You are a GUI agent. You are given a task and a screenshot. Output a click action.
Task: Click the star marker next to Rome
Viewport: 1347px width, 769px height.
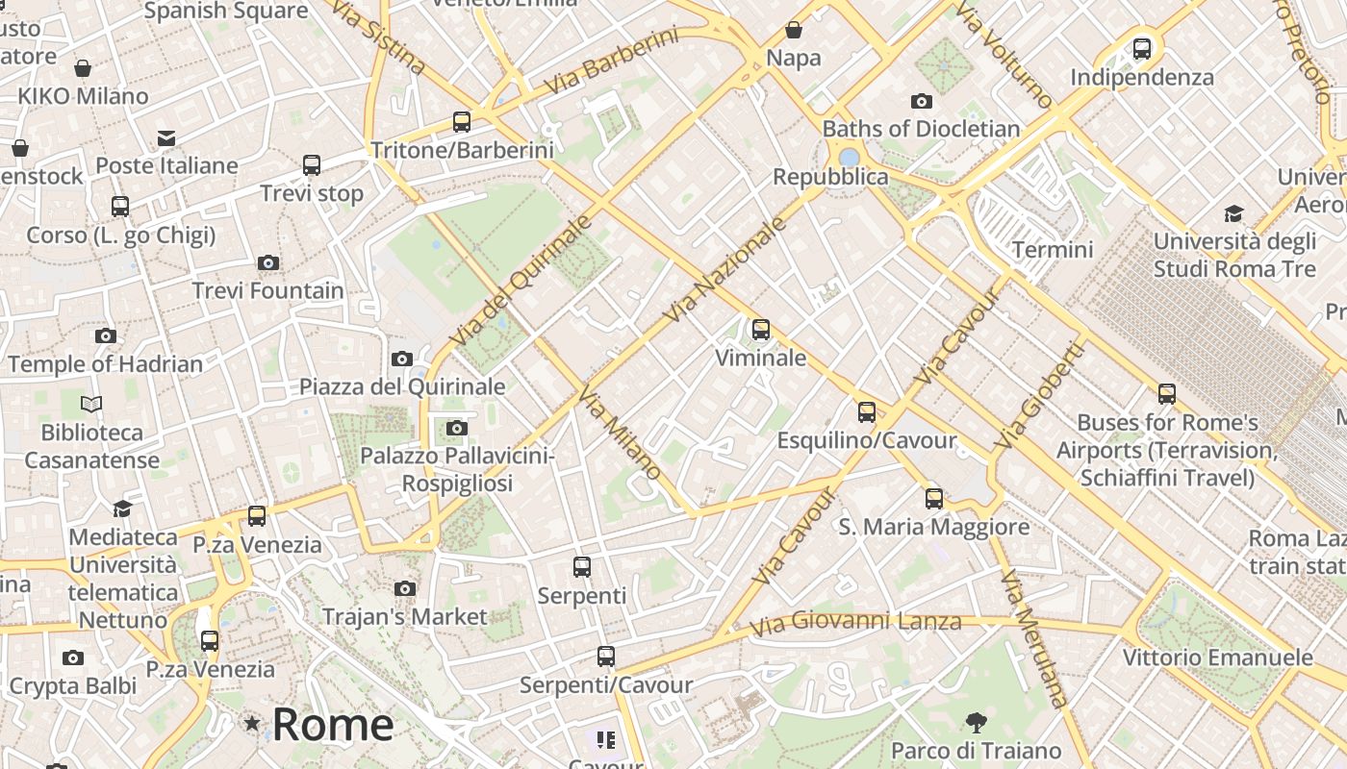252,723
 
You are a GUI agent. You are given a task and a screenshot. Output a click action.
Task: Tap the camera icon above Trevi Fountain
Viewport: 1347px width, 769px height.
268,262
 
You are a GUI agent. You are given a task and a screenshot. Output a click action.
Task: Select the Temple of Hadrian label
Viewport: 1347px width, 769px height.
106,364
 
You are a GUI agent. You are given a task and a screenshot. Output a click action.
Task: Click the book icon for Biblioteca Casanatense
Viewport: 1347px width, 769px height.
91,405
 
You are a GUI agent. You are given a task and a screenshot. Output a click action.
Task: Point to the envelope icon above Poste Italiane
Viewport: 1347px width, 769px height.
167,137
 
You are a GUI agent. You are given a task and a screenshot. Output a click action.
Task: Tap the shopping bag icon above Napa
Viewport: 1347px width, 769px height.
794,30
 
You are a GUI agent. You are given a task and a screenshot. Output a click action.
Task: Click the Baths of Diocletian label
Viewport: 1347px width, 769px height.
921,129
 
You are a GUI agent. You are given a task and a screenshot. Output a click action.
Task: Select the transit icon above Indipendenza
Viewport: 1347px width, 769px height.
1142,48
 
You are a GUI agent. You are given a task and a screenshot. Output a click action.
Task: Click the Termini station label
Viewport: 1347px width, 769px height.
1053,250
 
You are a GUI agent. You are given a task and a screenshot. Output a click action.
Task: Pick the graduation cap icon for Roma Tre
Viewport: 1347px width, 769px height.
1233,213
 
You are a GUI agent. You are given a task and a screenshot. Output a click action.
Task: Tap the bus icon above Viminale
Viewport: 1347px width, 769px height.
761,330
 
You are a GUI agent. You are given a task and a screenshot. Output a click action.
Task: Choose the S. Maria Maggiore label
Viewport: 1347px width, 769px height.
933,527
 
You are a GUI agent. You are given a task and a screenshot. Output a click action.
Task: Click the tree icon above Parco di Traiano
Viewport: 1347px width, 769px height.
976,722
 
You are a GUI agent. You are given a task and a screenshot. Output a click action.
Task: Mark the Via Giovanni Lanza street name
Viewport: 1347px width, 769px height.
855,623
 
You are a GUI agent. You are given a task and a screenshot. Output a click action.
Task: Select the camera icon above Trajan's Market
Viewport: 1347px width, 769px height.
405,588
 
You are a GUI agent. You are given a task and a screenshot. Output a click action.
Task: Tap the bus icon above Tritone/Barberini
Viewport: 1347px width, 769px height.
462,122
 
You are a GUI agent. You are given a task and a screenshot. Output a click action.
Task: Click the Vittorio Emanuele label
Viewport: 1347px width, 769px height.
1218,657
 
